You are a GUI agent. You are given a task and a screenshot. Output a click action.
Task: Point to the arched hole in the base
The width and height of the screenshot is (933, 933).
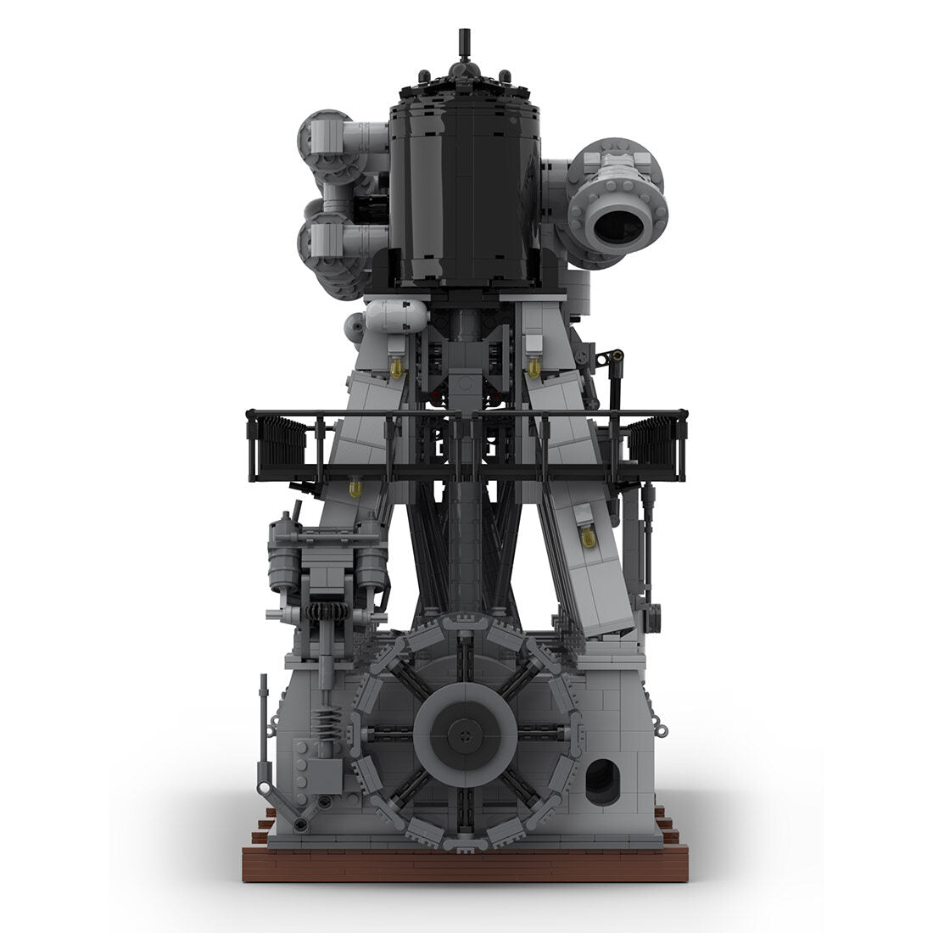click(x=603, y=781)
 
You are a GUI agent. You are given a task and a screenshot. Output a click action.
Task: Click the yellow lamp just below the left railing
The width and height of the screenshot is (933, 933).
click(x=355, y=489)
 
